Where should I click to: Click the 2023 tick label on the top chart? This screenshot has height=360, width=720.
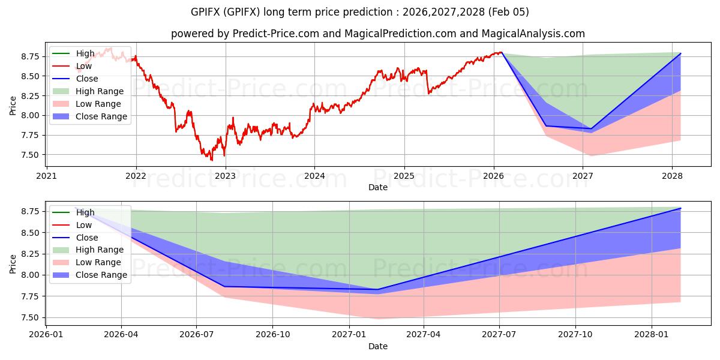tap(225, 176)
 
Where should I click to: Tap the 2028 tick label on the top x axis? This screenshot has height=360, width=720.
tap(672, 176)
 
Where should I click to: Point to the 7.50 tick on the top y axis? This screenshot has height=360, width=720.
tap(28, 155)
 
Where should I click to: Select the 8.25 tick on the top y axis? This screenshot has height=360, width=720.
tap(28, 96)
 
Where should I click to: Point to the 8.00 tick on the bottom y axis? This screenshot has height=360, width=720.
tap(28, 275)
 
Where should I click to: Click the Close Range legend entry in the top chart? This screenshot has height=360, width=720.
tap(101, 116)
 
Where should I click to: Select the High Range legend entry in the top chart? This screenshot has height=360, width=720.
tap(100, 91)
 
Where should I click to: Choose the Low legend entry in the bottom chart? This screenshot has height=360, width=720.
tap(84, 225)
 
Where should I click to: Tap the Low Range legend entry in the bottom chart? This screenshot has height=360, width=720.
tap(98, 262)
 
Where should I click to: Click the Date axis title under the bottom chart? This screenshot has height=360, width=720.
tap(377, 346)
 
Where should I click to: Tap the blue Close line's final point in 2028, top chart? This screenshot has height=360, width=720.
tap(680, 53)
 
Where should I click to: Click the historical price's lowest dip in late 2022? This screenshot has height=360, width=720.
tap(212, 160)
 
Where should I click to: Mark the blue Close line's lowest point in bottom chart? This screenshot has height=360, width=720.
tap(377, 290)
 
